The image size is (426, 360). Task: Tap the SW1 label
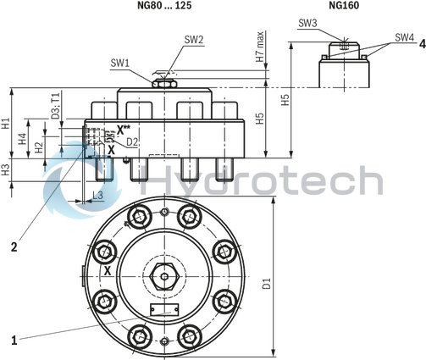pyautogui.click(x=119, y=63)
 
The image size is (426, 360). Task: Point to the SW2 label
pyautogui.click(x=194, y=39)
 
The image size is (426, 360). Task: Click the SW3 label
pyautogui.click(x=308, y=25)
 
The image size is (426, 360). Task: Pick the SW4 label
pyautogui.click(x=404, y=37)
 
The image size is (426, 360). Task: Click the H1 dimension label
pyautogui.click(x=7, y=124)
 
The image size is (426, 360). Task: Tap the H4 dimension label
pyautogui.click(x=25, y=136)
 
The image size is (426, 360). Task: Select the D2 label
pyautogui.click(x=132, y=141)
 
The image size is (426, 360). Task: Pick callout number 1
pyautogui.click(x=14, y=340)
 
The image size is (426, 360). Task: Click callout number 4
pyautogui.click(x=421, y=44)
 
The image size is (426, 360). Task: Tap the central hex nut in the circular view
pyautogui.click(x=162, y=276)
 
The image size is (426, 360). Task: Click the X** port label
pyautogui.click(x=124, y=129)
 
